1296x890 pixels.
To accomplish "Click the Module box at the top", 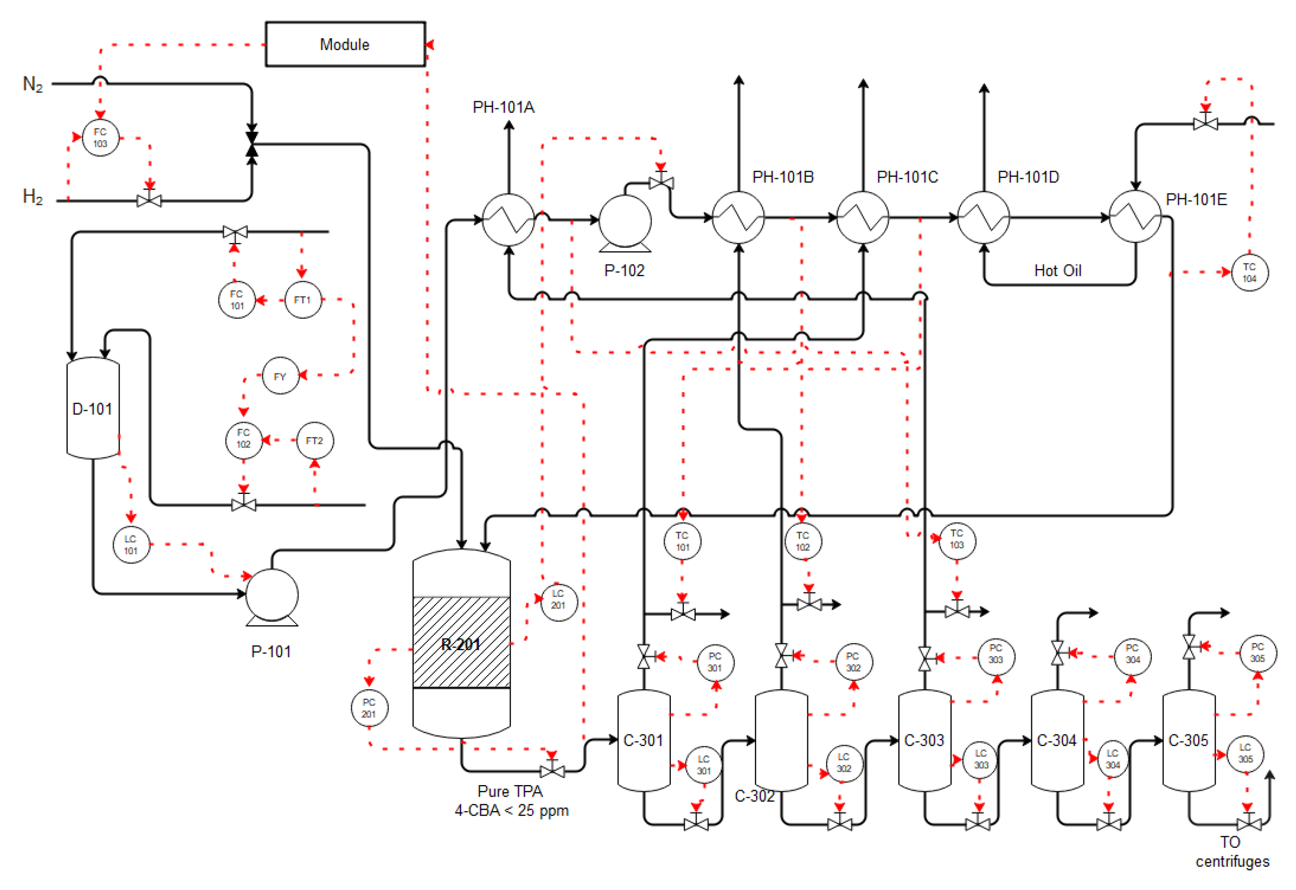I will click(345, 44).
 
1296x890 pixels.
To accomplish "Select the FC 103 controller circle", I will click(100, 138).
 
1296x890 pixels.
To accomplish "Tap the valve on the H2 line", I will click(149, 200).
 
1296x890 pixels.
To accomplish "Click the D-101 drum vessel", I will click(92, 409).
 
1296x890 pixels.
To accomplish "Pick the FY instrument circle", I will click(280, 376).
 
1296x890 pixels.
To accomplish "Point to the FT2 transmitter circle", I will click(314, 441).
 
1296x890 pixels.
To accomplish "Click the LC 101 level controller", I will click(131, 545).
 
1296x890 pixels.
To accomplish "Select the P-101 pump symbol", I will click(272, 595).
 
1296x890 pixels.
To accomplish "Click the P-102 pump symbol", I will click(625, 221).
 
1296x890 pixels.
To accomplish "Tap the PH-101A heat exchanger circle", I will click(508, 220).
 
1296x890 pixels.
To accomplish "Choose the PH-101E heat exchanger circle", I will click(1135, 217).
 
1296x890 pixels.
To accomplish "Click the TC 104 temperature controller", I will click(1249, 273).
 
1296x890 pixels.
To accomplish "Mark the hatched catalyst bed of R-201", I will click(461, 643).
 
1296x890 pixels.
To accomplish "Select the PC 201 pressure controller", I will click(369, 708).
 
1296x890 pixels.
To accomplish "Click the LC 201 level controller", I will click(558, 599).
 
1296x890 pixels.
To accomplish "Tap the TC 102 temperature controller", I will click(802, 542).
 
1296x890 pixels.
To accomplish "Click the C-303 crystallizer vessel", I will click(924, 740).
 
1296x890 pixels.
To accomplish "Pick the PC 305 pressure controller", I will click(1257, 653).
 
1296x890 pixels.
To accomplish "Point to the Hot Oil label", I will click(1057, 271).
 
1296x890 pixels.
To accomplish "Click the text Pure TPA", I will click(510, 791).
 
